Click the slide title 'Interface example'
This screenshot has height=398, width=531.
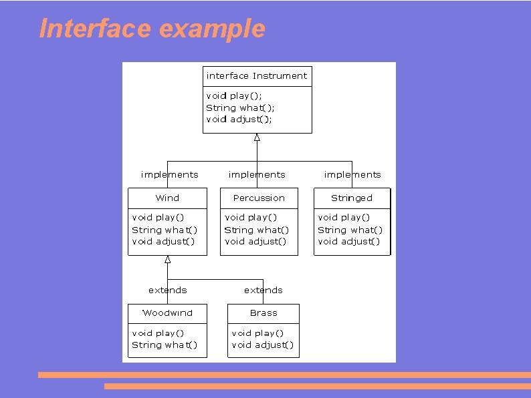tap(152, 29)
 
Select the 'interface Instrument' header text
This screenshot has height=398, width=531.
tap(257, 76)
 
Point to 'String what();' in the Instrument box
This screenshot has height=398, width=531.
tap(240, 108)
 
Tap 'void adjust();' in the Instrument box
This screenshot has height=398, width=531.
tap(239, 120)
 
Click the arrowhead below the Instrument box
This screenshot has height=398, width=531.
tap(257, 138)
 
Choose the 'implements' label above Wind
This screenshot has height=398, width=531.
tap(170, 175)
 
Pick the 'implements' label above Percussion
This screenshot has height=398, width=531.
tap(257, 175)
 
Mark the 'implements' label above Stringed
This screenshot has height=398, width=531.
tap(352, 175)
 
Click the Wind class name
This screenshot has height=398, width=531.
tap(167, 198)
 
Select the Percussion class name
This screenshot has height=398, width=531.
tap(259, 198)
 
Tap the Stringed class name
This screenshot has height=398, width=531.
tap(352, 198)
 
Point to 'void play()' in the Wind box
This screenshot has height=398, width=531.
tap(158, 218)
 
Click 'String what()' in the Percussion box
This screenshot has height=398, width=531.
tap(257, 230)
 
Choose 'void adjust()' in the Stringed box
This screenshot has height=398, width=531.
tap(349, 242)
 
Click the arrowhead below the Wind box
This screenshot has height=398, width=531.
tap(168, 259)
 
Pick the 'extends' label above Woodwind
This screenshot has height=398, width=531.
tap(168, 290)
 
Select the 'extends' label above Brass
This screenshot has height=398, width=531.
tap(263, 290)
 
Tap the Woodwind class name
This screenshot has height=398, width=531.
tap(167, 313)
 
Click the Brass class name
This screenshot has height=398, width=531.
tap(263, 313)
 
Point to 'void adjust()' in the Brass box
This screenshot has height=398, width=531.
tap(263, 345)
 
